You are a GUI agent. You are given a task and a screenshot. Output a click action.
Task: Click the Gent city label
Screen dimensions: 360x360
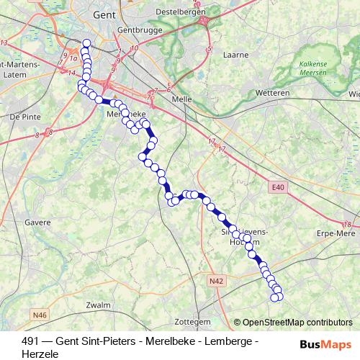pyautogui.click(x=105, y=13)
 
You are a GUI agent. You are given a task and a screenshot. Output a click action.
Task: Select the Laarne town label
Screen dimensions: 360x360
pyautogui.click(x=235, y=54)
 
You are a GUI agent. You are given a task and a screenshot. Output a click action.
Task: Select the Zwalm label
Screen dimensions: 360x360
pyautogui.click(x=97, y=305)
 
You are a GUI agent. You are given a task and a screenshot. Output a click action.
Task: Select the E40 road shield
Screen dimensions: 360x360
pyautogui.click(x=279, y=188)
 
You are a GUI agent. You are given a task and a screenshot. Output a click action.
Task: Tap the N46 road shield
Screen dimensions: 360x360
pyautogui.click(x=39, y=314)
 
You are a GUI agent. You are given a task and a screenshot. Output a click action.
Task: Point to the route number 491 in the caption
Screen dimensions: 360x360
pyautogui.click(x=31, y=341)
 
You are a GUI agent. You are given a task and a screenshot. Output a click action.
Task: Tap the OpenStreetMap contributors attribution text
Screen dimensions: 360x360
pyautogui.click(x=297, y=322)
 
